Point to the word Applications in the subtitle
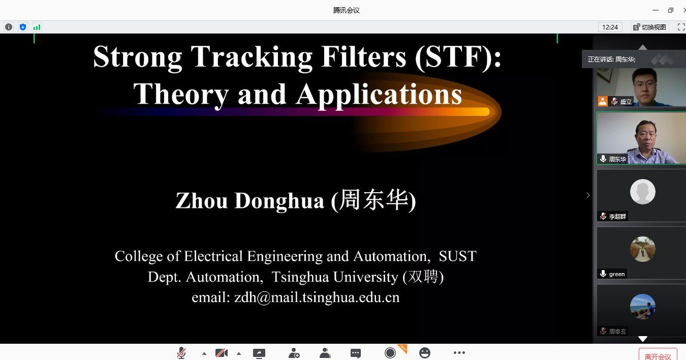coord(379,95)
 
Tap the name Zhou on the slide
coord(202,201)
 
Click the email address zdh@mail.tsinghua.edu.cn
coord(317,297)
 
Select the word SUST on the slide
coord(457,256)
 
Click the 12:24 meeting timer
coord(610,27)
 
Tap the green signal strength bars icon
coord(37,27)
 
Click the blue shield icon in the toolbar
coord(23,27)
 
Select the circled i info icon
coord(9,27)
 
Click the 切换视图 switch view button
coord(649,27)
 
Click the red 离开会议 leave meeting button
coord(658,355)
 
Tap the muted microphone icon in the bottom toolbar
coord(181,353)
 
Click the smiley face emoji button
coord(424,353)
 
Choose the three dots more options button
coord(459,353)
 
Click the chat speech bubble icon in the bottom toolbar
coord(356,353)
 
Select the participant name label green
coord(617,274)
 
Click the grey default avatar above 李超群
coord(642,192)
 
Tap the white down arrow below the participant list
coord(642,339)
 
